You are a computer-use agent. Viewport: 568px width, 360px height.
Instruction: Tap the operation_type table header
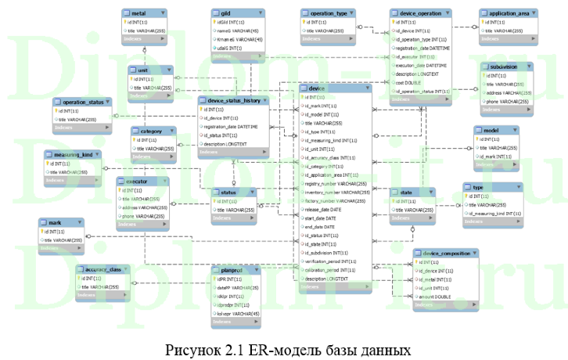coord(329,13)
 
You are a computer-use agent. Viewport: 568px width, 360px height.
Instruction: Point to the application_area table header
coord(512,13)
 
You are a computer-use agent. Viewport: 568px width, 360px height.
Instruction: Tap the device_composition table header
coord(446,254)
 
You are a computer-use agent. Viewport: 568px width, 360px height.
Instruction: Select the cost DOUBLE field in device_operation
coord(410,82)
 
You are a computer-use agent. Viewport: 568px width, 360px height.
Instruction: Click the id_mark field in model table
coord(496,157)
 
